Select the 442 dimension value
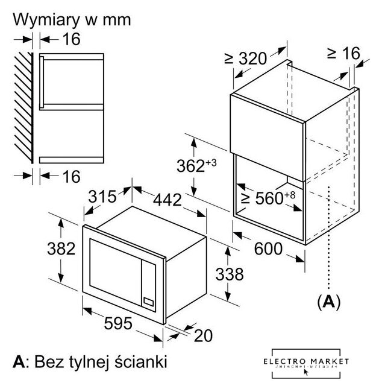click(x=164, y=201)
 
